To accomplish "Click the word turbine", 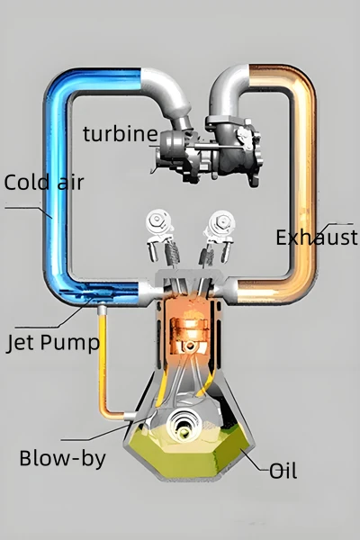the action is pos(121,134).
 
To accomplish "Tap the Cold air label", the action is pos(44,182).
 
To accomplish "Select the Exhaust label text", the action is pos(317,238).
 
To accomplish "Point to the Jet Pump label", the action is pos(53,343).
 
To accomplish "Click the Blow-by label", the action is pos(63,459).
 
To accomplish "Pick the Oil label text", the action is pos(283,471).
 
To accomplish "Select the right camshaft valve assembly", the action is pos(216,238).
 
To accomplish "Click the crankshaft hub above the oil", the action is pos(184,425).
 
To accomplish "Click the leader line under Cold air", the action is pos(29,209).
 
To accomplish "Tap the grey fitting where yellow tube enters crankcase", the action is pos(130,417).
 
